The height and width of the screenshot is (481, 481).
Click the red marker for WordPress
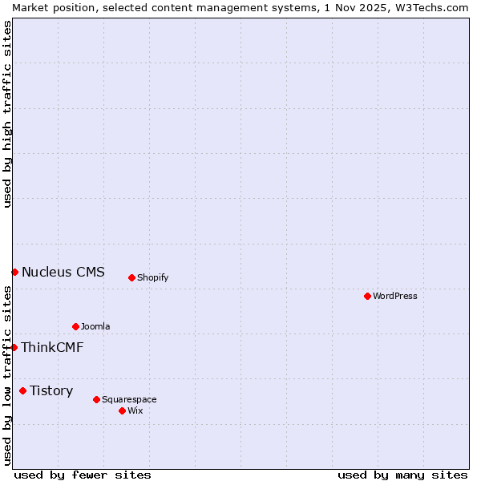pos(367,296)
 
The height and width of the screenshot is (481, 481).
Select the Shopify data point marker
pos(131,277)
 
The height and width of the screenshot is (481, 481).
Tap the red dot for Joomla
pos(75,326)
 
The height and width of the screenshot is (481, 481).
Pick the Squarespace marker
pos(96,399)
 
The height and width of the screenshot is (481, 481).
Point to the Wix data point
pos(122,410)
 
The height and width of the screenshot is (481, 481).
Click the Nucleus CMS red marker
pos(14,272)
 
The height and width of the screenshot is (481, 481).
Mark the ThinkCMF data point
pos(14,347)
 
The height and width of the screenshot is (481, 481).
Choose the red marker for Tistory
pos(22,390)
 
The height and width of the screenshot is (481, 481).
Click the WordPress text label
pos(395,296)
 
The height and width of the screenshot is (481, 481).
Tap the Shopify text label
pos(152,277)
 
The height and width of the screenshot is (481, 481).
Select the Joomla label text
pos(95,326)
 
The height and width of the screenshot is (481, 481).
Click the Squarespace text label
pos(129,399)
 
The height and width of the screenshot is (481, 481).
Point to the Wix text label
pos(135,410)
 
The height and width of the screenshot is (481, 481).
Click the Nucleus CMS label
pos(63,272)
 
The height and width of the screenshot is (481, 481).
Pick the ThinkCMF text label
pos(52,347)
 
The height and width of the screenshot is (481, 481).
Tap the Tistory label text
pos(51,390)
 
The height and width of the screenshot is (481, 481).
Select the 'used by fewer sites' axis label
pos(83,475)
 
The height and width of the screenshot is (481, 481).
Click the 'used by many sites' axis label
pos(402,475)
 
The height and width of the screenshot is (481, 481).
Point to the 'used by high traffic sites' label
pos(7,114)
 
